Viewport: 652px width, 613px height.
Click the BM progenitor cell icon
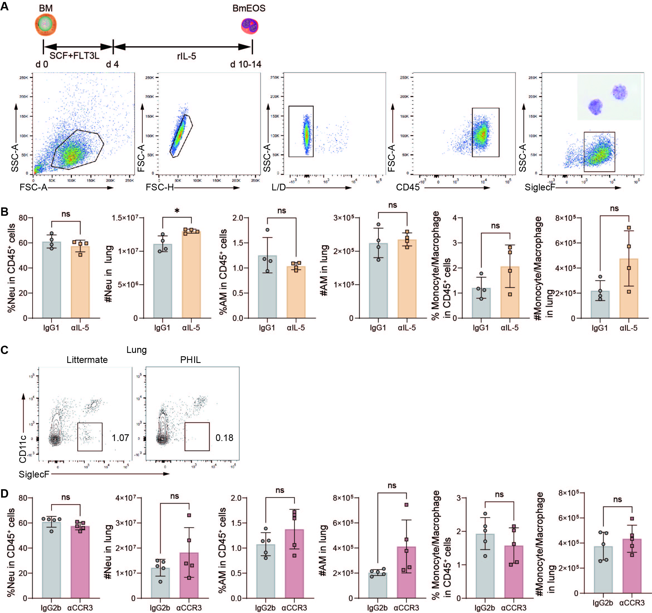tap(46, 24)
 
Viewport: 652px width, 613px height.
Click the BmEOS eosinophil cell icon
tap(250, 26)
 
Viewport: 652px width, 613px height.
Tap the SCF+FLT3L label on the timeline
tap(74, 55)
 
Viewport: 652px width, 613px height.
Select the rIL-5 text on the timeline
tap(186, 56)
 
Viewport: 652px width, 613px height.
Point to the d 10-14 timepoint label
tap(246, 64)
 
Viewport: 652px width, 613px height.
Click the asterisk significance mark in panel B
tap(177, 210)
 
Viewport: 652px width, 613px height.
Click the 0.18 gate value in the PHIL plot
tap(224, 438)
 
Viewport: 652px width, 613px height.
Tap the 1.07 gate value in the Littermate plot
tap(120, 438)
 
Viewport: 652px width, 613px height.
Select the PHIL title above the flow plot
tap(190, 360)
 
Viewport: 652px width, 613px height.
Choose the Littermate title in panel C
tap(87, 360)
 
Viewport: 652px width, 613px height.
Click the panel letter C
tap(4, 350)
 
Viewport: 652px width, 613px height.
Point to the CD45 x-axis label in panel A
tap(408, 187)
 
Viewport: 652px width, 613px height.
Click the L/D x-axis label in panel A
tap(279, 187)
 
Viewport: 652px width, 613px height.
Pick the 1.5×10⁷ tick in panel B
tap(125, 218)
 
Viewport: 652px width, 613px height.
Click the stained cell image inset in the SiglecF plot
tap(609, 97)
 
